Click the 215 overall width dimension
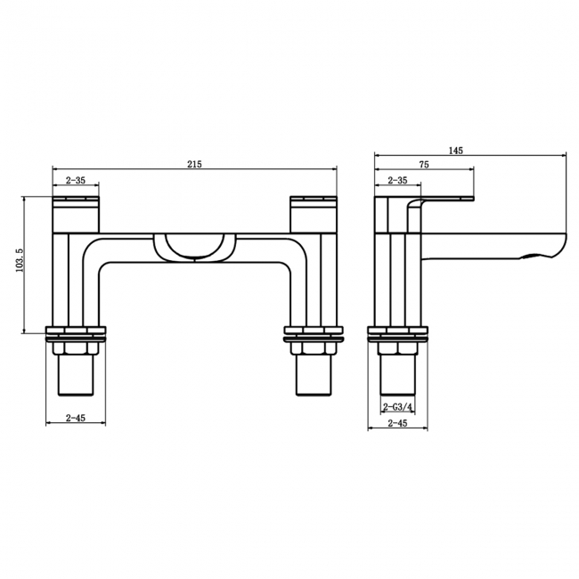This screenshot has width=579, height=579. [x=195, y=164]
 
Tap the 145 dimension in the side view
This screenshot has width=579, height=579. [x=456, y=151]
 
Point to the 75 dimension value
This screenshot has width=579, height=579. [x=424, y=165]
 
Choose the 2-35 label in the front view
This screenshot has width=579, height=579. [x=76, y=181]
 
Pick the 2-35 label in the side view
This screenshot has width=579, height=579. [x=396, y=181]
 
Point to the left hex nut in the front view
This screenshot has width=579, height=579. [x=76, y=348]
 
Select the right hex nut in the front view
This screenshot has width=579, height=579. [x=313, y=348]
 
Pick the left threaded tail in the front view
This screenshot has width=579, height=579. [x=76, y=378]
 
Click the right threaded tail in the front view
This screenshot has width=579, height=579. [x=313, y=378]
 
